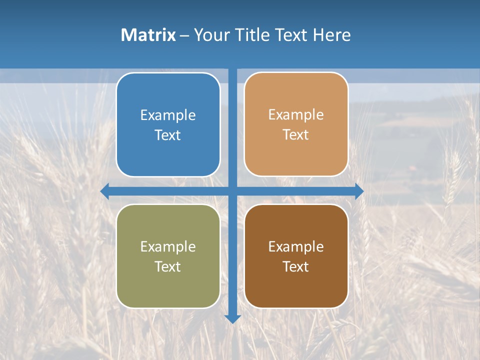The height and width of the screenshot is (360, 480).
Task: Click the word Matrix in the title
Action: [148, 35]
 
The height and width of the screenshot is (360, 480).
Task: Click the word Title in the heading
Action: [253, 35]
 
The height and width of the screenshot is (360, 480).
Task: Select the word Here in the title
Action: [331, 35]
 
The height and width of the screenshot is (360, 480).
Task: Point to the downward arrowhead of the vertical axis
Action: [232, 318]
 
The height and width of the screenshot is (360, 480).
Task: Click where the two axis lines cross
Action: [232, 191]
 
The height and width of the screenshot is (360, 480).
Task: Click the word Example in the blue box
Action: [168, 115]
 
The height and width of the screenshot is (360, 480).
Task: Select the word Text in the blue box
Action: [168, 135]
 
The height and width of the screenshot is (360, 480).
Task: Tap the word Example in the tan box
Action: [296, 115]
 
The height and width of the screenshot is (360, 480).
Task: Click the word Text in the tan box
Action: [296, 135]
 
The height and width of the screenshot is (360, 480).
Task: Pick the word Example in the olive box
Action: [168, 247]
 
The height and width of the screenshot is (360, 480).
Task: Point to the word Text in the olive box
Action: [168, 267]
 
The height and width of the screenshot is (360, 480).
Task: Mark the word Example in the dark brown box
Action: [296, 247]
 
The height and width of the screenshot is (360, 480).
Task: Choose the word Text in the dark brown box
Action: [296, 267]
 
